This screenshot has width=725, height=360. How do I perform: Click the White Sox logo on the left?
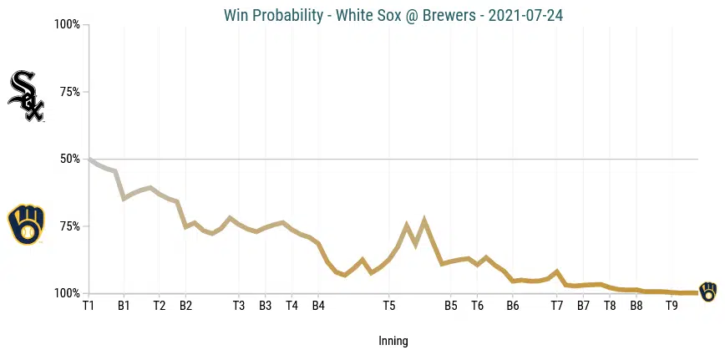25,96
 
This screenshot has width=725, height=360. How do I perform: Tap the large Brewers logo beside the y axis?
25,224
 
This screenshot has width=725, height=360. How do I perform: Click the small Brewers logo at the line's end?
707,292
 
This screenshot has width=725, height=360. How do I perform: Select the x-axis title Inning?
393,341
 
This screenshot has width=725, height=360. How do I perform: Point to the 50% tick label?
69,159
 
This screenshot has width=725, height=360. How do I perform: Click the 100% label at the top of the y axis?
67,24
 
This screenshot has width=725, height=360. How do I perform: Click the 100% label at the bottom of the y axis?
67,293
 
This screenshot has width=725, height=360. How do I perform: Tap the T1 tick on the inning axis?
89,306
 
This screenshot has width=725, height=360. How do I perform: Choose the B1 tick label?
124,306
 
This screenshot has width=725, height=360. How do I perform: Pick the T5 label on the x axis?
388,306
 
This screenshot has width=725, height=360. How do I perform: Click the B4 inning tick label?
318,306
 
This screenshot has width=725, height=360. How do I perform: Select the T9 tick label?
672,306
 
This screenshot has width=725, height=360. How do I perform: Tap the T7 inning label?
556,306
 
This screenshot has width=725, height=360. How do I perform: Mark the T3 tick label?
238,306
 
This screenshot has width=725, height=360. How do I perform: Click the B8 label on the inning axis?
636,306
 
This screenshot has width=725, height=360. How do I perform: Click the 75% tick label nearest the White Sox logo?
69,92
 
